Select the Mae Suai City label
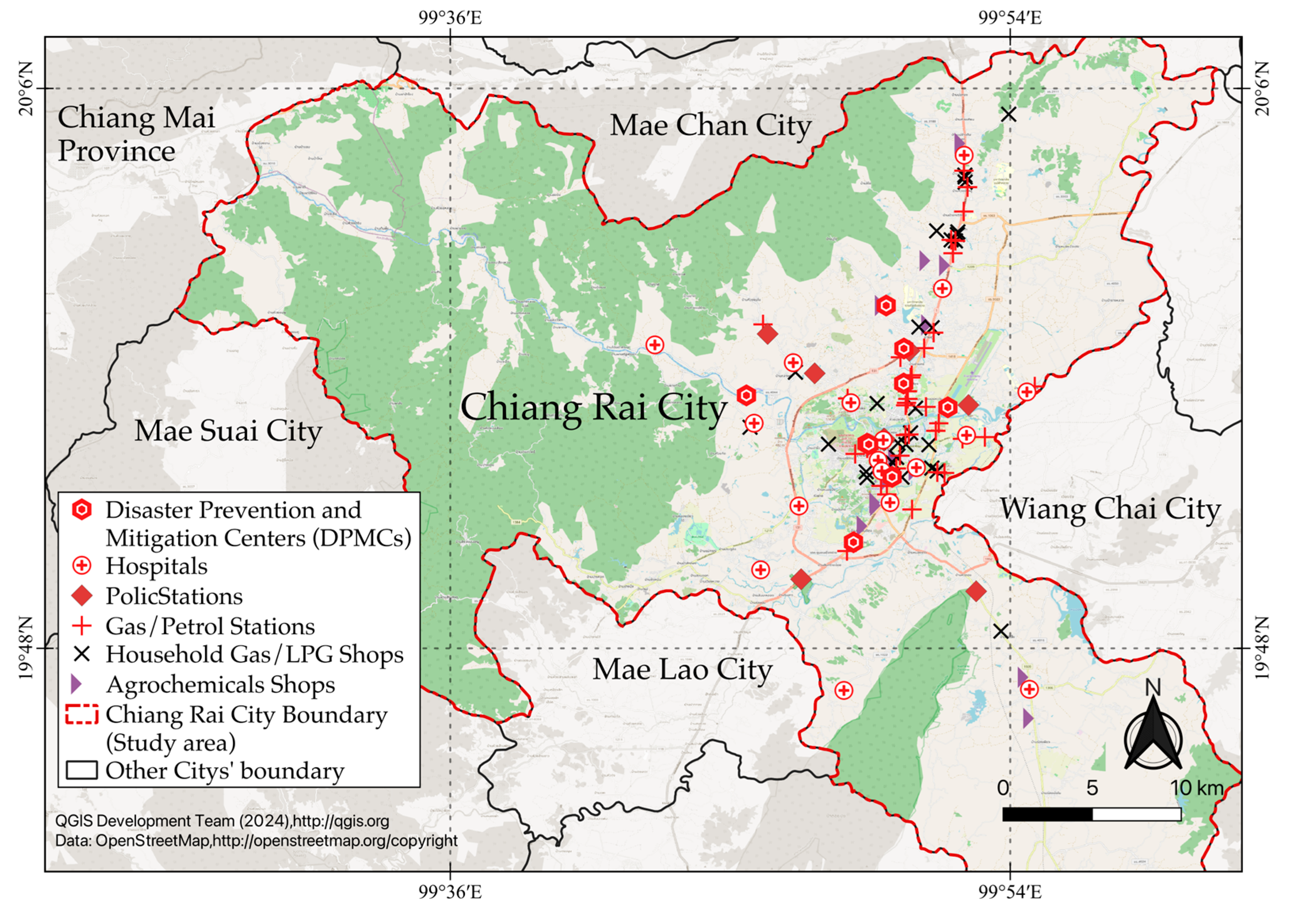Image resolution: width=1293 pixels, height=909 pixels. click(228, 431)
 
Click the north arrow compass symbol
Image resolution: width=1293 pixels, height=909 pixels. click(1153, 736)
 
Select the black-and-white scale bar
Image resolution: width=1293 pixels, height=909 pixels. click(1091, 814)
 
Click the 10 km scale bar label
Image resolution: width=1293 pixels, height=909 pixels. click(1197, 788)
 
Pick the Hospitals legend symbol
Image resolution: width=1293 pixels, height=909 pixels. click(82, 566)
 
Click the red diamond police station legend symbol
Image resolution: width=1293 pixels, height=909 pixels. click(82, 596)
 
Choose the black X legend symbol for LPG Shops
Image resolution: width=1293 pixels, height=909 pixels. click(82, 654)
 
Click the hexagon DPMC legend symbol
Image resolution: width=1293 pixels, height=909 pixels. click(82, 510)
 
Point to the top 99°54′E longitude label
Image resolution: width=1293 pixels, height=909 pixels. click(1010, 18)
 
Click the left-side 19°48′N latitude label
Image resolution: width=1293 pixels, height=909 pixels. click(27, 648)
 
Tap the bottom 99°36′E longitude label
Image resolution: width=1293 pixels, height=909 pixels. click(449, 892)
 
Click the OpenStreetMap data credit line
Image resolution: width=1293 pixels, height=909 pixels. click(256, 841)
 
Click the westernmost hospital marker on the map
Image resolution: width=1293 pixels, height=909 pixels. click(654, 344)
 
